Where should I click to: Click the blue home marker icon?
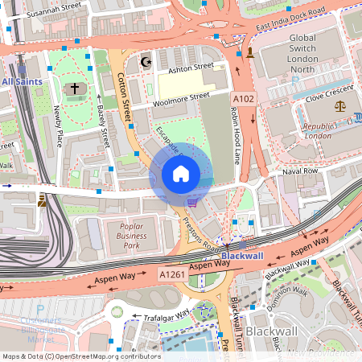click(x=181, y=173)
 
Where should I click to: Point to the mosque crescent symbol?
click(x=146, y=61)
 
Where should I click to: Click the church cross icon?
click(x=75, y=88)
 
